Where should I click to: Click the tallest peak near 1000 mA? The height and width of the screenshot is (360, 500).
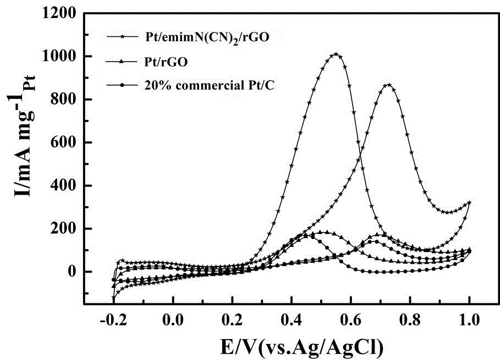click(x=336, y=54)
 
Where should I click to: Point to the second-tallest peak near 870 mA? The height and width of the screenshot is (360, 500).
click(x=389, y=85)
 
